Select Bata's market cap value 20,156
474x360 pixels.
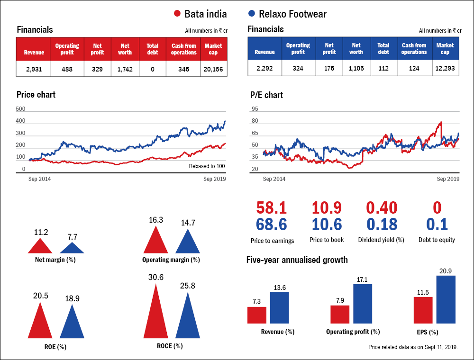point(213,69)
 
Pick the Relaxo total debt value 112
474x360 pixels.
point(383,69)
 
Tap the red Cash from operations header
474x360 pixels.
point(183,49)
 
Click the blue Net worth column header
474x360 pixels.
point(356,49)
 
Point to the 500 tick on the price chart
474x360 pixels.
point(20,109)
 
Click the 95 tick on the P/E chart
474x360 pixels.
point(255,109)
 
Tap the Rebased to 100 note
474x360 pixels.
point(207,166)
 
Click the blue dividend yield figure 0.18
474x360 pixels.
point(381,224)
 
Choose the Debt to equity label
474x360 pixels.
point(437,240)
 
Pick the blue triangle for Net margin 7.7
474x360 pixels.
point(72,248)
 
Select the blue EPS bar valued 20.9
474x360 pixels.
point(446,300)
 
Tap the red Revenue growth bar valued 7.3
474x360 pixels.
point(257,315)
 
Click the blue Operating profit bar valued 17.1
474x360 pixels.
point(363,304)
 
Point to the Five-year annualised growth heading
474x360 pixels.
point(297,260)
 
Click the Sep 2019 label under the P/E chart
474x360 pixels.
point(448,179)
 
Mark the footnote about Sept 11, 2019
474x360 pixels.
point(413,347)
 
